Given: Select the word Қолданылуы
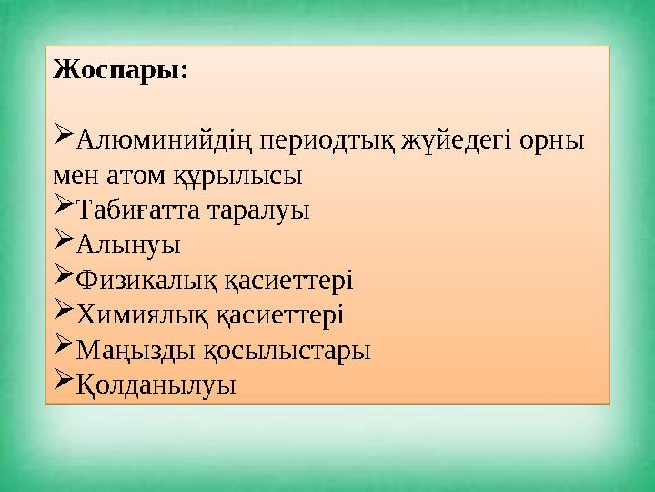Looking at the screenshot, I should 156,384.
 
